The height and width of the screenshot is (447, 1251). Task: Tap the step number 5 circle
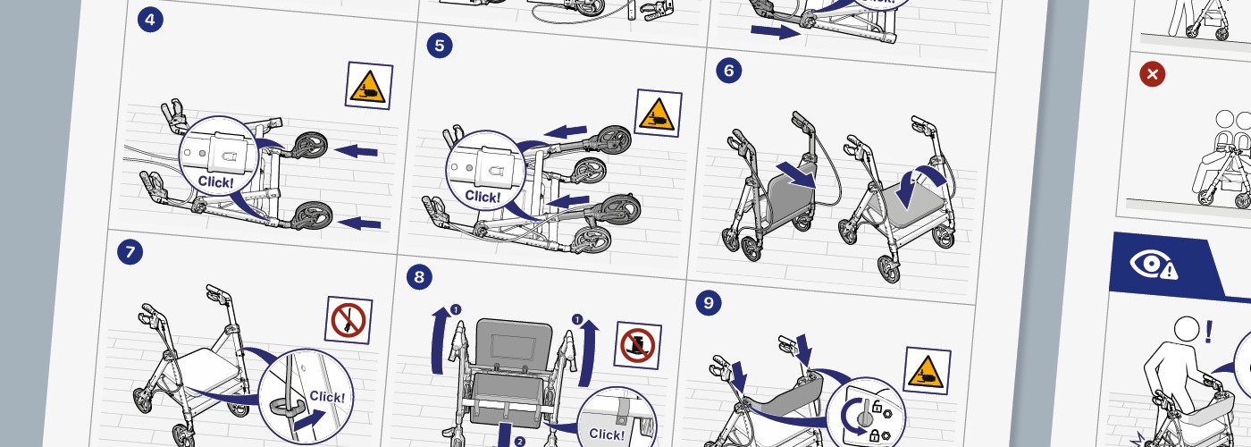pyautogui.click(x=439, y=46)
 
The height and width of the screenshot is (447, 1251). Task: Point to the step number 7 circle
pyautogui.click(x=130, y=253)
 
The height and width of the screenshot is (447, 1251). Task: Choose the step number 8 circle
pyautogui.click(x=418, y=277)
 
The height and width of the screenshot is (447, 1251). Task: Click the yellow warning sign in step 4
pyautogui.click(x=368, y=86)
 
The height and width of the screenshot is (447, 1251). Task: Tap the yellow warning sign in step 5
pyautogui.click(x=658, y=112)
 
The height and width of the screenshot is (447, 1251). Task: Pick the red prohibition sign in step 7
pyautogui.click(x=348, y=320)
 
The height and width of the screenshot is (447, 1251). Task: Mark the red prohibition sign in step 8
pyautogui.click(x=639, y=344)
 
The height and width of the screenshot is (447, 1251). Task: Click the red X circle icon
pyautogui.click(x=1153, y=74)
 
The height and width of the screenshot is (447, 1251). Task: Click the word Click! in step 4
pyautogui.click(x=216, y=181)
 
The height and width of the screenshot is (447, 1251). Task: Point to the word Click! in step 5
pyautogui.click(x=483, y=196)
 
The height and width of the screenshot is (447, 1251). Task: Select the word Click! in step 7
pyautogui.click(x=326, y=396)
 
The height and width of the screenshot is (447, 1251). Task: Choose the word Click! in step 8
pyautogui.click(x=607, y=434)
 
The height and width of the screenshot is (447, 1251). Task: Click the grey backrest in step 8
pyautogui.click(x=516, y=340)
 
